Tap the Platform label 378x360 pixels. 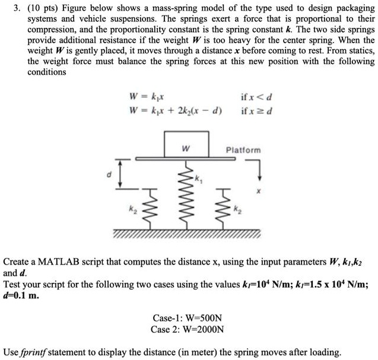pyautogui.click(x=243, y=150)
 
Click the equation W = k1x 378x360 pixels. pyautogui.click(x=144, y=97)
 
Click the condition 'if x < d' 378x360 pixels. pyautogui.click(x=256, y=97)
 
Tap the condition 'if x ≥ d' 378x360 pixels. pyautogui.click(x=257, y=111)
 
